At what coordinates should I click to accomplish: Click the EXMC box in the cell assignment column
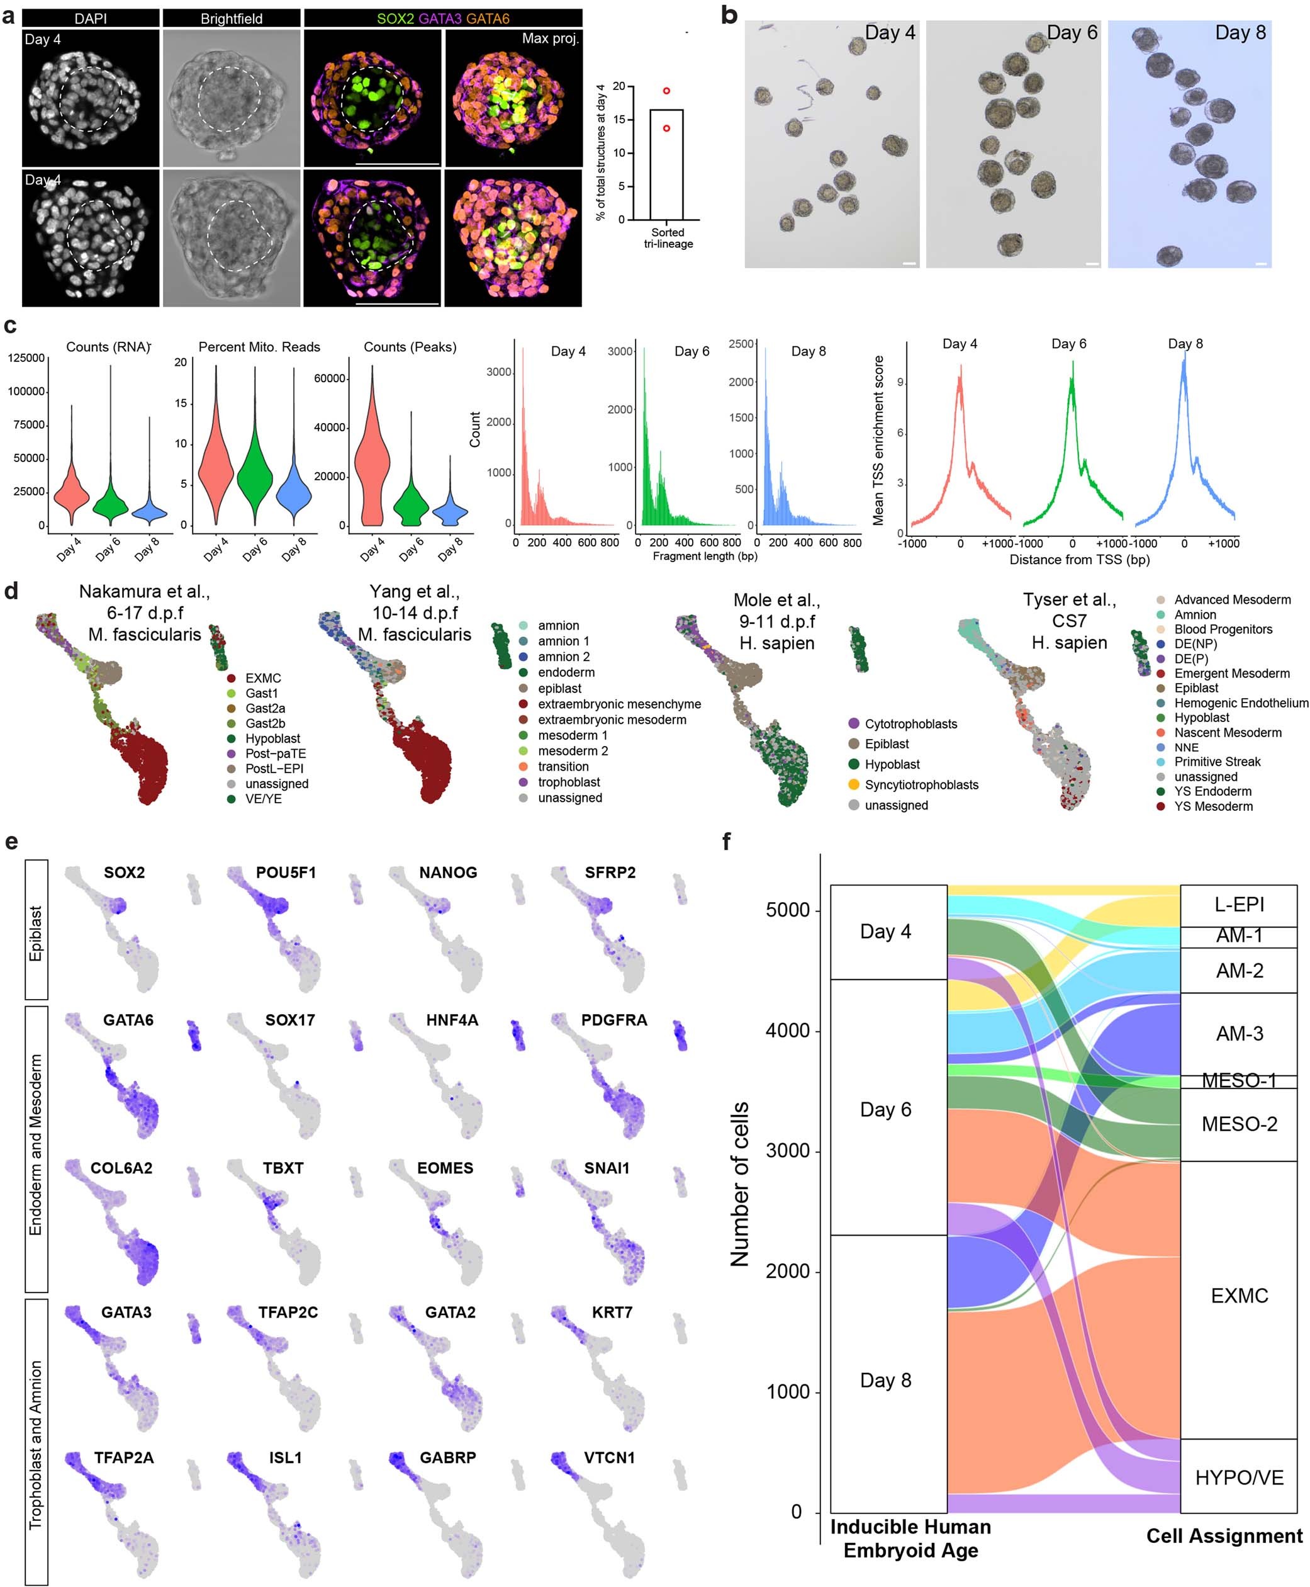[x=1238, y=1296]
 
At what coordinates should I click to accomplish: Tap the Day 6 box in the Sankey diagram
[x=888, y=1109]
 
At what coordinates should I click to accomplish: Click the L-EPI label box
[x=1238, y=905]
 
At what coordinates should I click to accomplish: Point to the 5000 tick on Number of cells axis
[x=788, y=910]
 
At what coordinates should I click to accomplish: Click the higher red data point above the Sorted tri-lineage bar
[x=666, y=91]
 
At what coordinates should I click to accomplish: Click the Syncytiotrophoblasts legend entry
[x=921, y=784]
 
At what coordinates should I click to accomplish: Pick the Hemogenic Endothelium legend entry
[x=1241, y=703]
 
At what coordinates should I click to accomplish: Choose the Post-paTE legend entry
[x=276, y=754]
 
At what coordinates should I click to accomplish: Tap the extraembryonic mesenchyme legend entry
[x=619, y=704]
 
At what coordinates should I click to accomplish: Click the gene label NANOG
[x=448, y=873]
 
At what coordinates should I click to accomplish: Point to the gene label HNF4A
[x=452, y=1020]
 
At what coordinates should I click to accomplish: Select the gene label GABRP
[x=447, y=1457]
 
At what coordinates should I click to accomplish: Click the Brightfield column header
[x=231, y=18]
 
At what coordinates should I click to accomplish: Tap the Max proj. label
[x=550, y=38]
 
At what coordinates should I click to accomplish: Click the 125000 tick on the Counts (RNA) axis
[x=26, y=358]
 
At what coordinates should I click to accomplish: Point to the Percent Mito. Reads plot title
[x=259, y=347]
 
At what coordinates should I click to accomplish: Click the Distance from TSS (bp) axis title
[x=1079, y=560]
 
